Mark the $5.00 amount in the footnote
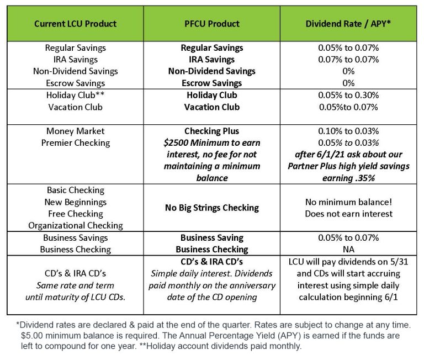tap(32, 335)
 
